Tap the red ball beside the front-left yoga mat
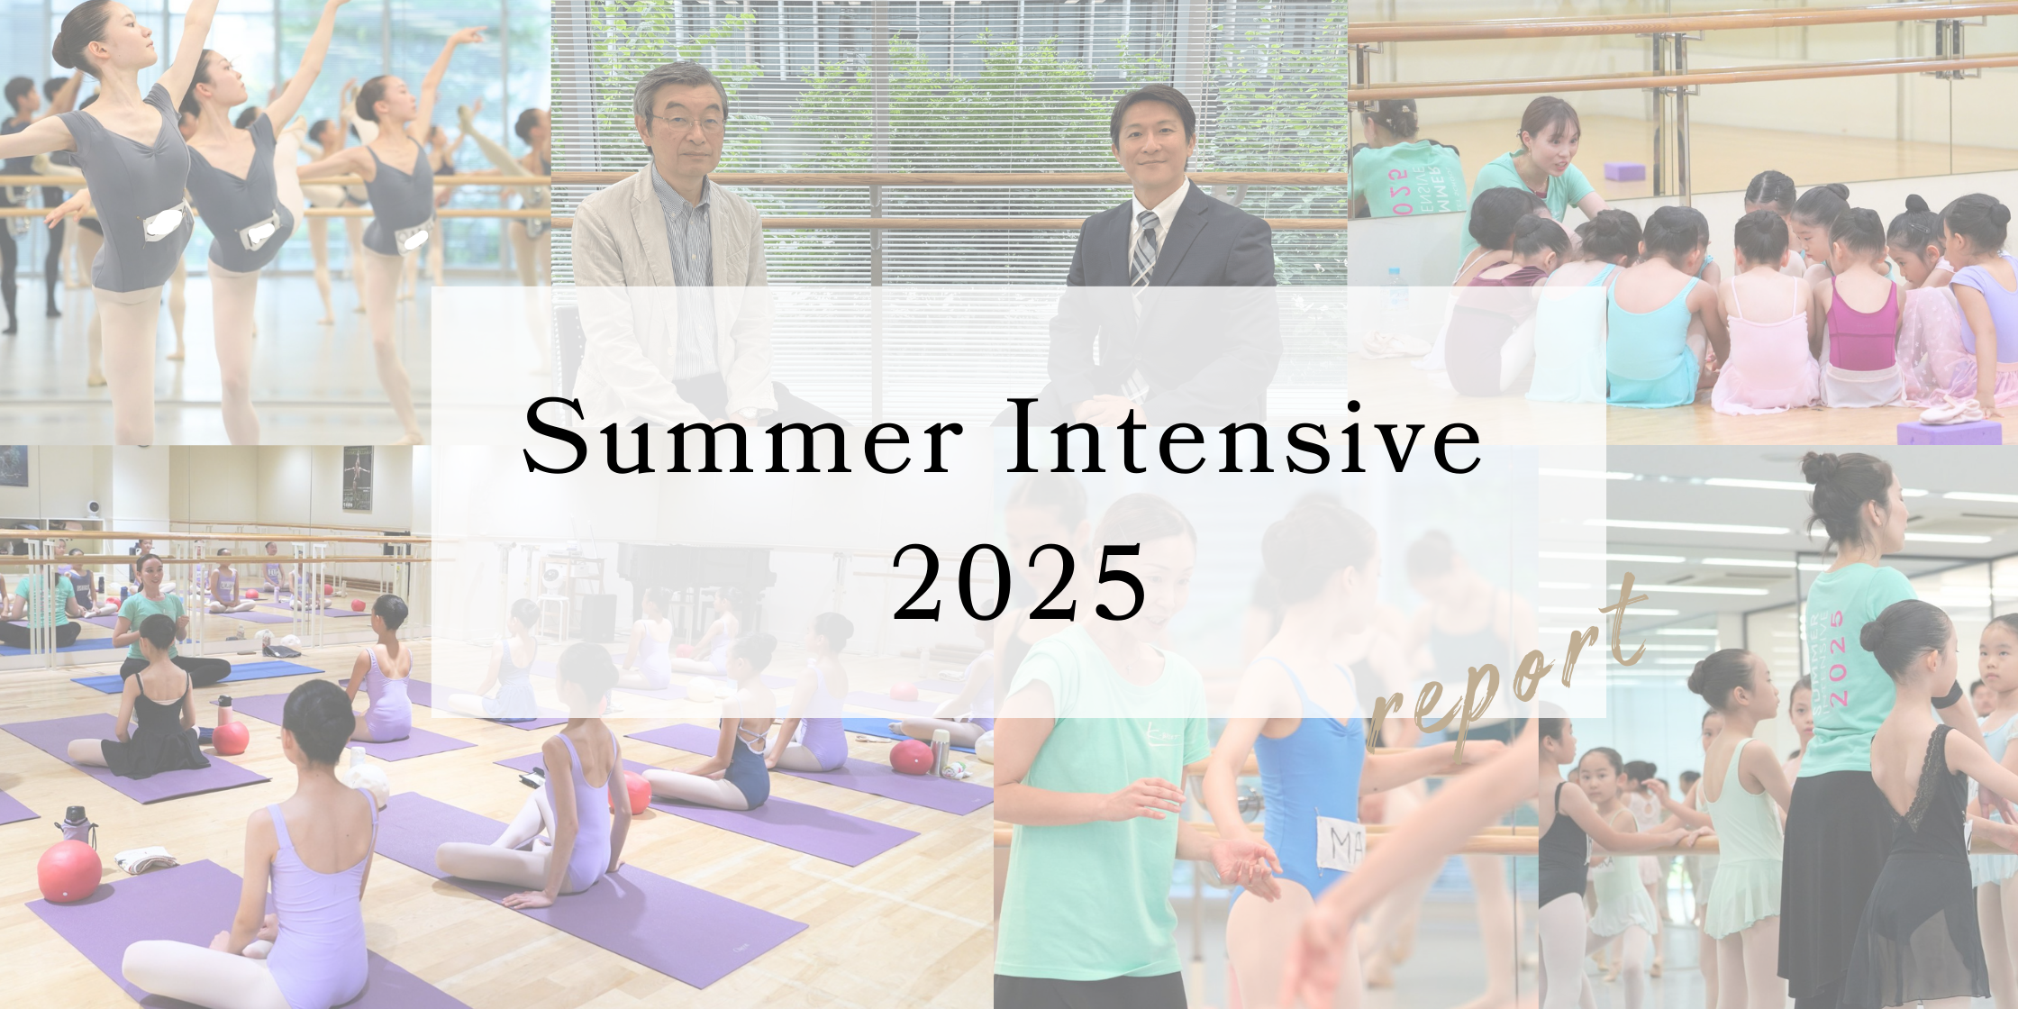click(69, 871)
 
